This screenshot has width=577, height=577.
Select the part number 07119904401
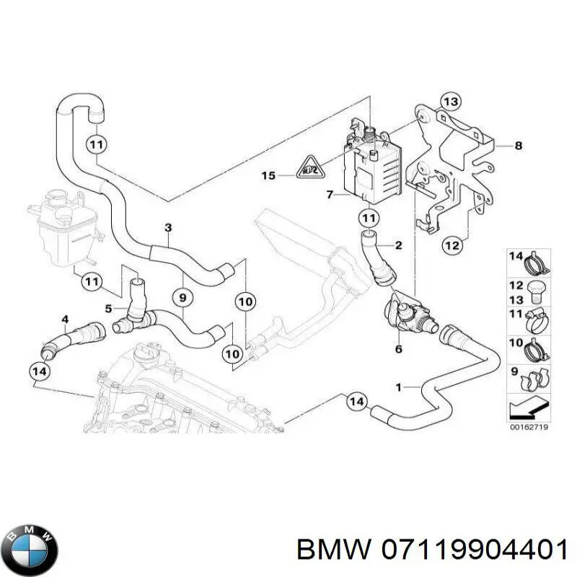coord(471,551)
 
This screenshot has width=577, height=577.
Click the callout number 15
coord(268,175)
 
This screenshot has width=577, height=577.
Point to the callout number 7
coord(329,195)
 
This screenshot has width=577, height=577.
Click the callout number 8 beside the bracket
coord(518,146)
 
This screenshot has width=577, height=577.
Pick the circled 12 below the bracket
coord(452,246)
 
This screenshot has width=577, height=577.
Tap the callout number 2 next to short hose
coord(398,247)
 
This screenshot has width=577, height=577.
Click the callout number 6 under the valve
coord(398,350)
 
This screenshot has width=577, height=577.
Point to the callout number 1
coord(398,387)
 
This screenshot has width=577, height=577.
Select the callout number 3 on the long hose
coord(168,229)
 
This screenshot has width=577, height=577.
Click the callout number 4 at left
coord(66,319)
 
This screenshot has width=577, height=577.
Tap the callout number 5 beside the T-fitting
coord(109,308)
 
